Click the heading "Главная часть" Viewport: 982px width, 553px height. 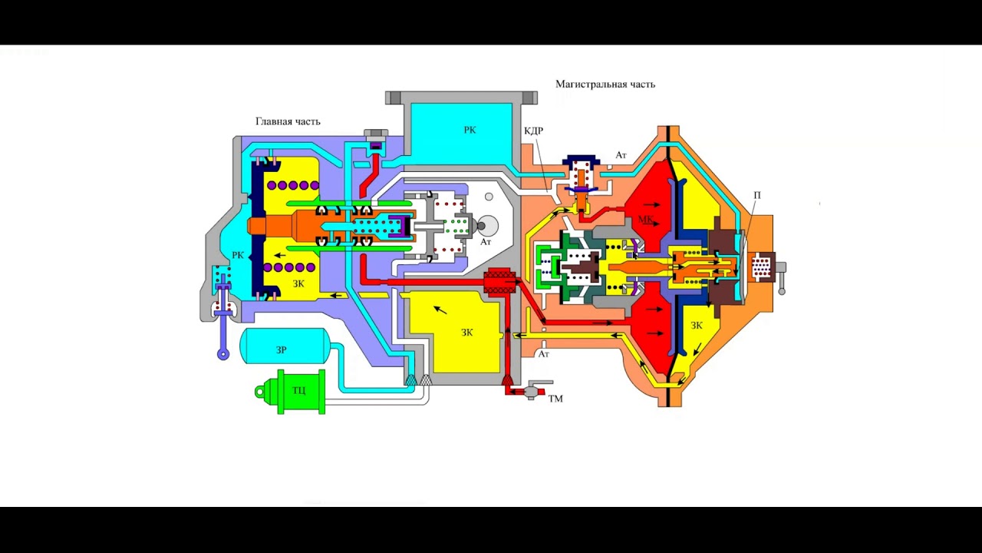click(x=288, y=121)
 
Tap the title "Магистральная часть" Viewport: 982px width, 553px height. click(x=605, y=84)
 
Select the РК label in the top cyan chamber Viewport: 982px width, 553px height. click(x=470, y=131)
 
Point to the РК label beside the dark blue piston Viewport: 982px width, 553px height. click(x=238, y=255)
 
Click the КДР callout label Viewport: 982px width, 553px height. click(x=533, y=131)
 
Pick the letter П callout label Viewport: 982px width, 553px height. click(x=757, y=195)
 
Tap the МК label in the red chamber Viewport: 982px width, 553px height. click(x=645, y=220)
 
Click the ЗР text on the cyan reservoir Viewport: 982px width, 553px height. click(x=281, y=350)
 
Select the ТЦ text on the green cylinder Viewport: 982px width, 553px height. click(x=299, y=390)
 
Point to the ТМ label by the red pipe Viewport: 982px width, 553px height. click(x=555, y=399)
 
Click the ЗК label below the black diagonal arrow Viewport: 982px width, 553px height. click(x=467, y=333)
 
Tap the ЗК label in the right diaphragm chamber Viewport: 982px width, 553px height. click(x=697, y=326)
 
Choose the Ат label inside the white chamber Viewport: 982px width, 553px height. click(x=486, y=242)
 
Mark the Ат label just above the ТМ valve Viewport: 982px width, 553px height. click(x=544, y=354)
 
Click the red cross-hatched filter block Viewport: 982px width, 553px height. click(x=499, y=283)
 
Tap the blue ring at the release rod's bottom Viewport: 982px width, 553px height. click(x=223, y=354)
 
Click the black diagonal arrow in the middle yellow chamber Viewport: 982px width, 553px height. click(x=440, y=310)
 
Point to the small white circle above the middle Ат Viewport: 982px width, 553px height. click(x=489, y=197)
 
